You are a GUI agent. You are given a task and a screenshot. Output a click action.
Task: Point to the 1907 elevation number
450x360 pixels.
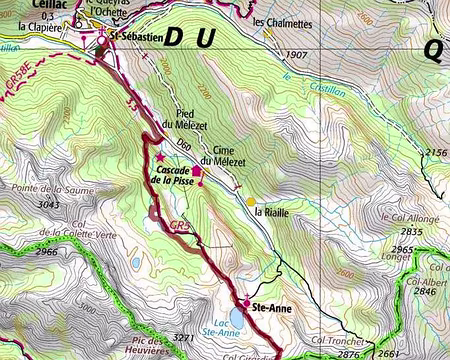293,54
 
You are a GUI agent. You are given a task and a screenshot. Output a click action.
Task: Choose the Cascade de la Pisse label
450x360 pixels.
171,175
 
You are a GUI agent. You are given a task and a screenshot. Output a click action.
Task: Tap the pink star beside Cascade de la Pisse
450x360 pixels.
159,157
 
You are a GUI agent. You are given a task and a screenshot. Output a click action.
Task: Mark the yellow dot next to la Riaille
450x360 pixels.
251,201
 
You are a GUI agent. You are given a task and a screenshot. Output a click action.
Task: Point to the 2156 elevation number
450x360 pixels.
436,152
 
